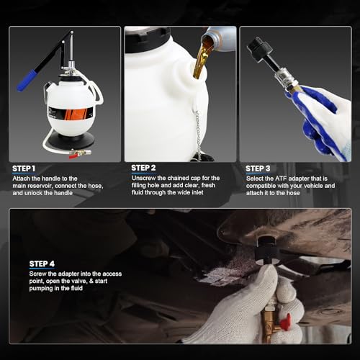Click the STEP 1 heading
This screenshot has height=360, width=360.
pos(24,168)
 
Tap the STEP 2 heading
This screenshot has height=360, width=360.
pos(143,168)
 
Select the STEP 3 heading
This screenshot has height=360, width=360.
pos(258,168)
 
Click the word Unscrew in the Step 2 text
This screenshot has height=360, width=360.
pos(144,178)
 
